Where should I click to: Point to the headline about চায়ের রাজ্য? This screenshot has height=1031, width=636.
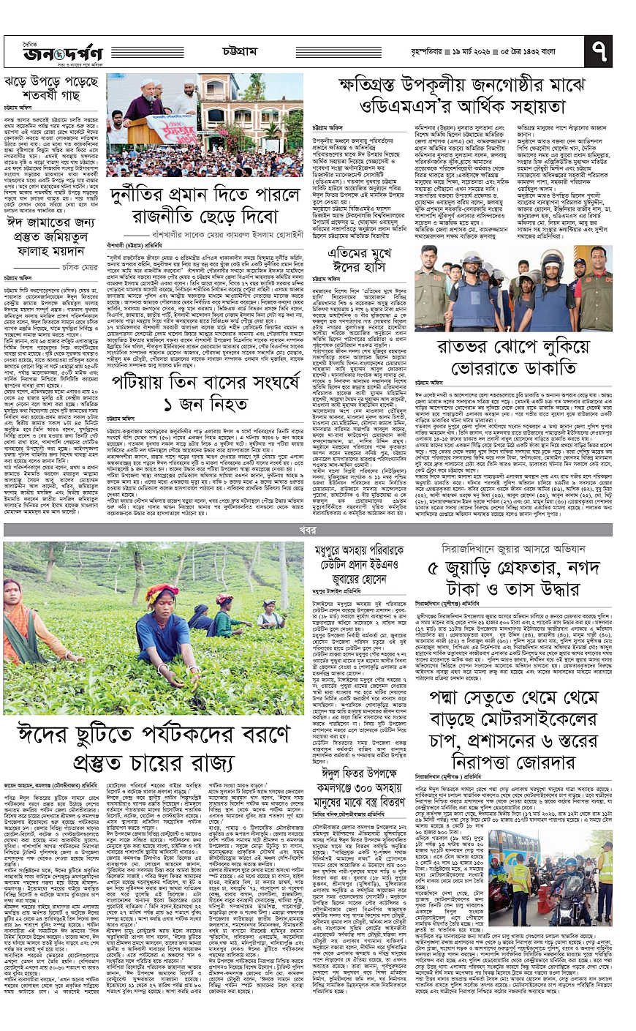[x=154, y=746]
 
